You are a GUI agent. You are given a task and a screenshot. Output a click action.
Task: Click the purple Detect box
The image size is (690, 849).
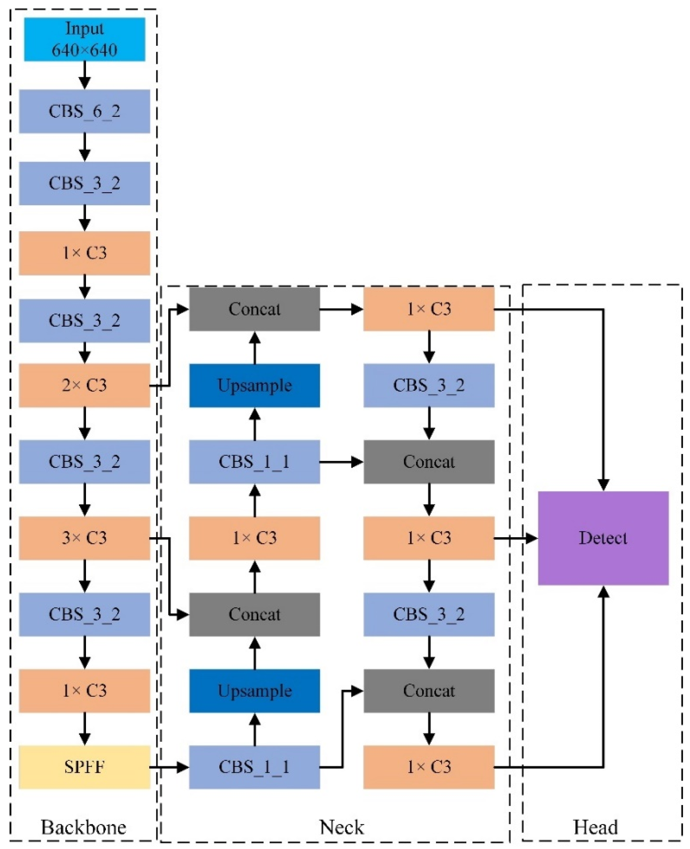pyautogui.click(x=603, y=538)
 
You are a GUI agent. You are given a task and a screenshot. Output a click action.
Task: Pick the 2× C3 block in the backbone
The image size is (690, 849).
pyautogui.click(x=84, y=385)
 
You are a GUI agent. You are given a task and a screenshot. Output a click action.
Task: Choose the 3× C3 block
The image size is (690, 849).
pyautogui.click(x=84, y=538)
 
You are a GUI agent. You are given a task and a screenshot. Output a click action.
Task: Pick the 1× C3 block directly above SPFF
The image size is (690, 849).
pyautogui.click(x=84, y=691)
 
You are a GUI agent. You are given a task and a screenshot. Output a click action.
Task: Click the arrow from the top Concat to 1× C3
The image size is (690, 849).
pyautogui.click(x=342, y=309)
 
